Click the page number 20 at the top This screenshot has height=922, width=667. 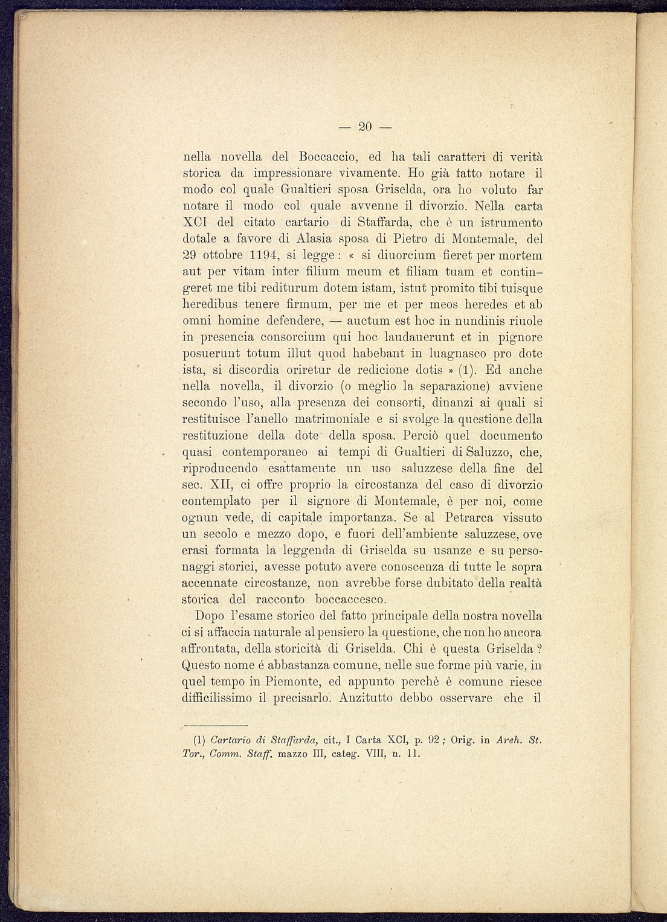(365, 127)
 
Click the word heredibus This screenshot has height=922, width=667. (213, 304)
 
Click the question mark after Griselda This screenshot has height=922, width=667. (539, 649)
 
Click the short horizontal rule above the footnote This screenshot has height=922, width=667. (216, 725)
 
